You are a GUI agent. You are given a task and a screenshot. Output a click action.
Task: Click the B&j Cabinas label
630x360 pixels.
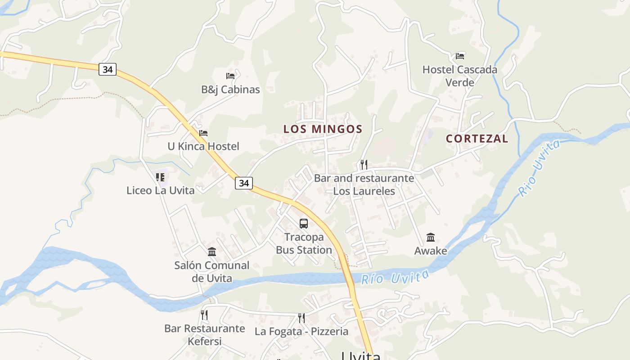(230, 90)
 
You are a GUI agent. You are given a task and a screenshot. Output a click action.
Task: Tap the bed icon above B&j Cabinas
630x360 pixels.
(230, 76)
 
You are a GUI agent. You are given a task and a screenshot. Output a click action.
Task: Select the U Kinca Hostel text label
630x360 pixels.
(203, 146)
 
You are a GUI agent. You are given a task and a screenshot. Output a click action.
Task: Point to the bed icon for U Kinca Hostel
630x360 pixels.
(203, 133)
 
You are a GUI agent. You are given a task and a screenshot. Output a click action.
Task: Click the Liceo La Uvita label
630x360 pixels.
(161, 190)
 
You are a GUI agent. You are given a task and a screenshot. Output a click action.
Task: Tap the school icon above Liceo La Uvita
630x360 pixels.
(160, 177)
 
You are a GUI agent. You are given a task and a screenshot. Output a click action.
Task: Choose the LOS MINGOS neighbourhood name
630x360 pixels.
(323, 129)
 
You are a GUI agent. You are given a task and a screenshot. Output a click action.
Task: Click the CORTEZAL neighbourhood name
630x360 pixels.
(477, 139)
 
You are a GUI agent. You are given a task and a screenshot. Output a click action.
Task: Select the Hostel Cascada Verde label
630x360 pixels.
(459, 76)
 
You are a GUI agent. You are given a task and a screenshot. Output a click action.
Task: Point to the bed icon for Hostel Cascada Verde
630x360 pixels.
(459, 56)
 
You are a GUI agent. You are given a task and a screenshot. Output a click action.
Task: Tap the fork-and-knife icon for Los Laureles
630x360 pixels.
(364, 165)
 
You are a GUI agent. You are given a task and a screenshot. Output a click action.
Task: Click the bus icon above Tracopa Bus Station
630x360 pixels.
(304, 223)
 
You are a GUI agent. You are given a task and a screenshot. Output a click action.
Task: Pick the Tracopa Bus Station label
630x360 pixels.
(304, 243)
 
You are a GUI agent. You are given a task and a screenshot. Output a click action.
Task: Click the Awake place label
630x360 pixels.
(431, 251)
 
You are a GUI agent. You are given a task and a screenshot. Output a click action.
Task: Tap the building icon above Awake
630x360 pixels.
(431, 237)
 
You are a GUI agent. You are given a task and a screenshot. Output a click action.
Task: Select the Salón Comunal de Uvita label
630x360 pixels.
(212, 272)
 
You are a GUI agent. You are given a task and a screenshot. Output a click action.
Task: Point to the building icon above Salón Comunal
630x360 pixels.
(212, 252)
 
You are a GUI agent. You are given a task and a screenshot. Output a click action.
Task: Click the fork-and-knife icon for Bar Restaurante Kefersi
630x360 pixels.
(204, 315)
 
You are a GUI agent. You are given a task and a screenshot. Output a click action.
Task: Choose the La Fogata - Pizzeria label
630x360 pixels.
(301, 332)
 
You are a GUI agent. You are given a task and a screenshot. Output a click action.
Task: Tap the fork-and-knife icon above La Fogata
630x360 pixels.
(301, 318)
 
